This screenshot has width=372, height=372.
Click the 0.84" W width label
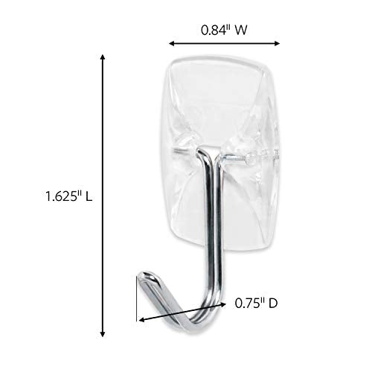[x=223, y=31]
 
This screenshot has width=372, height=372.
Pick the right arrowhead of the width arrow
[x=278, y=43]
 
